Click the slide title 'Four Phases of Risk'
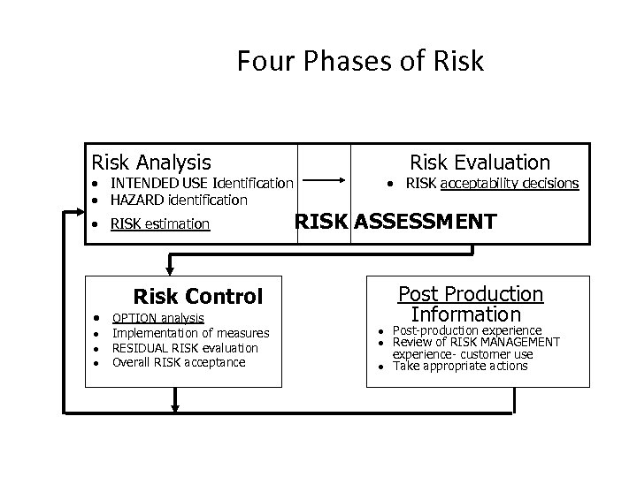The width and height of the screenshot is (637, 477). point(360,61)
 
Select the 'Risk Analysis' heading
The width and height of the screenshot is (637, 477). point(151,163)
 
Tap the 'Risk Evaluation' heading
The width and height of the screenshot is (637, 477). point(479,163)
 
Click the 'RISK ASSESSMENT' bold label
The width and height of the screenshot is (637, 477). point(395,221)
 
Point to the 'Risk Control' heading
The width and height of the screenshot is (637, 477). point(197,297)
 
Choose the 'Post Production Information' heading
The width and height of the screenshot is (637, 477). point(470,304)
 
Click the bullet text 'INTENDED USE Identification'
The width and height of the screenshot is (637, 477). point(201,183)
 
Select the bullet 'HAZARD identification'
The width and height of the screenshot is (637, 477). point(179,200)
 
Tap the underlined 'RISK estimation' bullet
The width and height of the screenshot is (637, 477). point(160,223)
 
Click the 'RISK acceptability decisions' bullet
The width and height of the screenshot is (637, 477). point(492,183)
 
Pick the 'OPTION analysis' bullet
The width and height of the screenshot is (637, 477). point(158,318)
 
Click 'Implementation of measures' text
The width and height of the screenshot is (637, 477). point(191,333)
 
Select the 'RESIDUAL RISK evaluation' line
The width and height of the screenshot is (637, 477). point(185,348)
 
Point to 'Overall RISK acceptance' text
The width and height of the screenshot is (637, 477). point(179,362)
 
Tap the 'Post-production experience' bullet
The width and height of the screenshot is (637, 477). point(466,330)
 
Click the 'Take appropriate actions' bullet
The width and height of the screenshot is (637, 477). point(460,366)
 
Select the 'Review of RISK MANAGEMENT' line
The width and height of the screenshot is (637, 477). point(476,342)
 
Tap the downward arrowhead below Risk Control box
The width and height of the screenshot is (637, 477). point(174,405)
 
